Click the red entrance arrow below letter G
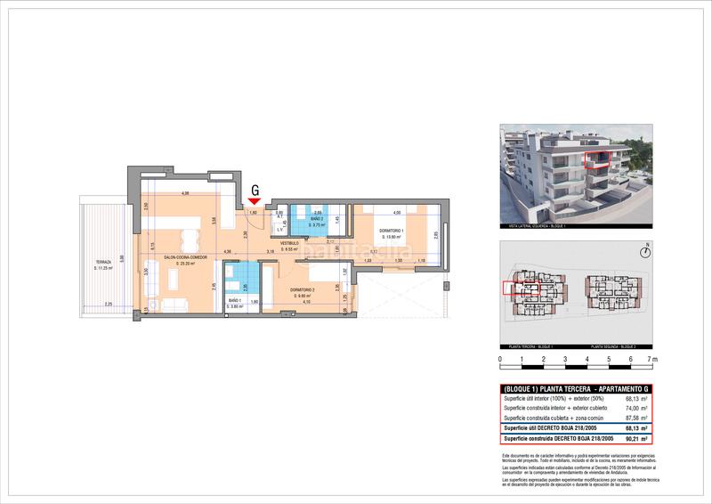tap(255, 201)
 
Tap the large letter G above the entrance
tap(255, 190)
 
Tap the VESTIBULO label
tap(290, 243)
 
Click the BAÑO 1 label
tap(235, 302)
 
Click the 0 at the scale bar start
tap(500, 361)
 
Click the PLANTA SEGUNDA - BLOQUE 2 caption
tap(617, 345)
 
